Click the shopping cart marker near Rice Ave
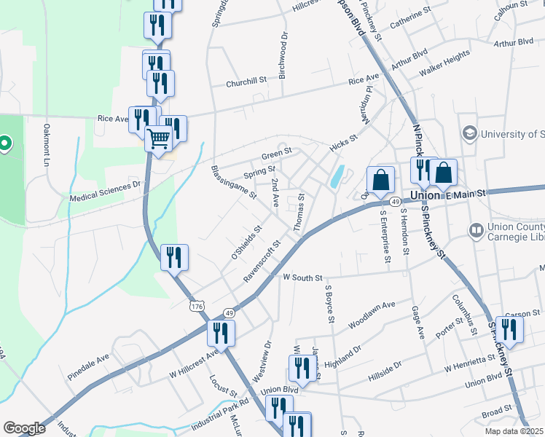158,138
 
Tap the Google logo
24,428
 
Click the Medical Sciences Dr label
104,191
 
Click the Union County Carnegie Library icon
477,231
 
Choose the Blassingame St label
233,181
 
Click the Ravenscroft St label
262,263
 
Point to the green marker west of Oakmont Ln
4,143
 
